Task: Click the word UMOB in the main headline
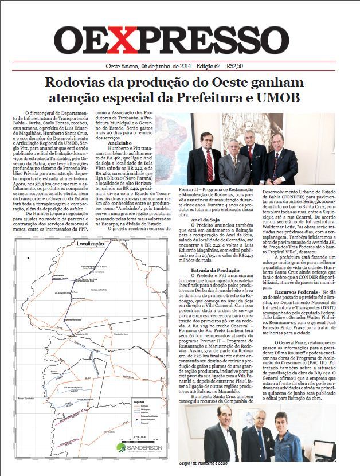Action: pos(261,98)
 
